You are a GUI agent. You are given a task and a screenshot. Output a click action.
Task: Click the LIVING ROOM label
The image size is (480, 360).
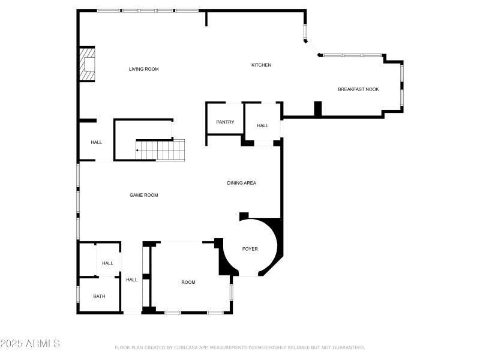coord(143,69)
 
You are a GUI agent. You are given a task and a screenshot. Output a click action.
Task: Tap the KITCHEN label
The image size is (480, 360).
coord(261,65)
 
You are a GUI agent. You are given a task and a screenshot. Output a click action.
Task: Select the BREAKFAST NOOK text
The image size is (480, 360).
coord(358,89)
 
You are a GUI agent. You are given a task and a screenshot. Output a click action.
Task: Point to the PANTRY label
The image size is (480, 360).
coord(225,123)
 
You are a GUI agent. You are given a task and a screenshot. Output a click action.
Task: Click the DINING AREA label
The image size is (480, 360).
coord(241,183)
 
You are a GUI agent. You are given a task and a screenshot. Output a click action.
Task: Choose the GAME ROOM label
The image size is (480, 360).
coord(143,195)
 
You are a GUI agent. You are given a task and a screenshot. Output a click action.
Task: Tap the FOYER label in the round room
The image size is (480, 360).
coord(250,248)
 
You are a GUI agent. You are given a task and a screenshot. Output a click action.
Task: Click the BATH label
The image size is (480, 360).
coord(99,296)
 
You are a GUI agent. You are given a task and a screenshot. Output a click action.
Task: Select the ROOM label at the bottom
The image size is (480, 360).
coord(188,282)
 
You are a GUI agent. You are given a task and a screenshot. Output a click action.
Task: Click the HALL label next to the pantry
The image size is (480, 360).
coord(263,125)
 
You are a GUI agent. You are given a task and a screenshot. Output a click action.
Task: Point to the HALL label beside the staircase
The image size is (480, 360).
coord(96,142)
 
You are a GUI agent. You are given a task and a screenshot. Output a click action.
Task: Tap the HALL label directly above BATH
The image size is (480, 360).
coord(107,263)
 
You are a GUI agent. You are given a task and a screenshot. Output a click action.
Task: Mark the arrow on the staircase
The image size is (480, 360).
coord(139,150)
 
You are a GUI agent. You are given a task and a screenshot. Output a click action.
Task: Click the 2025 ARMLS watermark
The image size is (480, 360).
coord(30,344)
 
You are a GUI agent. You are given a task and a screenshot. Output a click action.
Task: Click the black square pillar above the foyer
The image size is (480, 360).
coord(244,216)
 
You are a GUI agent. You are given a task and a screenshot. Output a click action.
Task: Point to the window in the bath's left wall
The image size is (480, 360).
coord(78,296)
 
